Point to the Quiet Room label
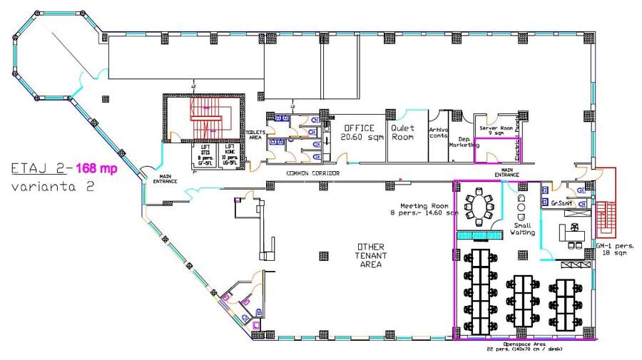[x=402, y=133]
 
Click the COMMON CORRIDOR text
[x=312, y=173]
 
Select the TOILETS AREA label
[x=255, y=135]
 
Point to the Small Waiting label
[x=522, y=227]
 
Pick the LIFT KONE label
[x=230, y=155]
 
